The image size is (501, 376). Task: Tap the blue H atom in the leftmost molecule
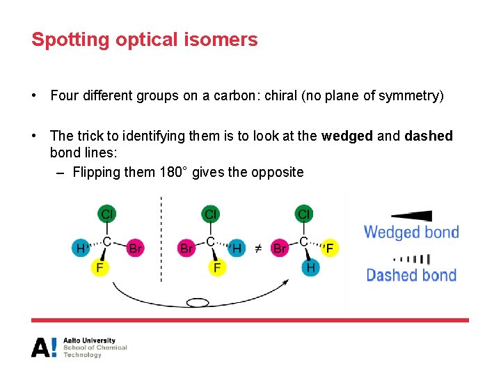click(x=81, y=248)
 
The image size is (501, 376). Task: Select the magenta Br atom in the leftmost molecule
click(x=136, y=248)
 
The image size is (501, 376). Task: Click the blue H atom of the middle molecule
click(x=237, y=248)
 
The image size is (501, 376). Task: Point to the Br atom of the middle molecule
click(x=186, y=248)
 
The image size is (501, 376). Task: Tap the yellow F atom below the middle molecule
click(x=217, y=267)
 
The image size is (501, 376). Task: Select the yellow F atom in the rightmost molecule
click(x=330, y=248)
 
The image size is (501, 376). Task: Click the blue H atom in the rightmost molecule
click(x=311, y=267)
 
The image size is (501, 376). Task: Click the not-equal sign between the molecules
click(x=257, y=248)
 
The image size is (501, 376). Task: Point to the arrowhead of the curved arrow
click(x=286, y=281)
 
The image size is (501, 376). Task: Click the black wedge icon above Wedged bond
click(x=412, y=216)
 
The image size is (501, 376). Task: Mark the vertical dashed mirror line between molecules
click(x=161, y=240)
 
